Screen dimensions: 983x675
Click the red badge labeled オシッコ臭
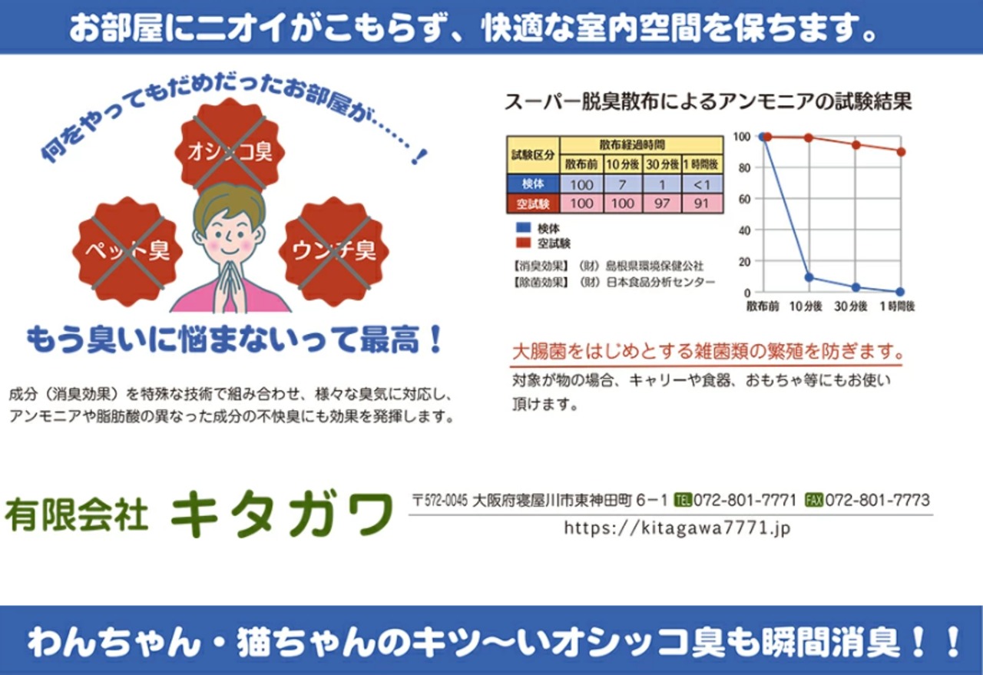point(230,149)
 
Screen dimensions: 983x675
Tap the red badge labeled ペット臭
point(127,251)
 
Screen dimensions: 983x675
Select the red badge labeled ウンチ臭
point(334,251)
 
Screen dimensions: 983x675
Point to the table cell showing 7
point(623,185)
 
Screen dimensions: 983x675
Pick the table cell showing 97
point(662,203)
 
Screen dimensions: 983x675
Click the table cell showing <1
point(702,185)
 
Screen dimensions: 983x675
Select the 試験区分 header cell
point(533,155)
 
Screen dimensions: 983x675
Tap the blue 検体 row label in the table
point(533,184)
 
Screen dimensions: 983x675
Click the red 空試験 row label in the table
point(533,204)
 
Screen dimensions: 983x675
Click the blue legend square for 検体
point(524,228)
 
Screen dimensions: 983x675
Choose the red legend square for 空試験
point(524,243)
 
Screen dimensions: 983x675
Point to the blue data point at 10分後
point(809,277)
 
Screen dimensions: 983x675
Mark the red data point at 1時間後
point(901,152)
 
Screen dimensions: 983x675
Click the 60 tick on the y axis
point(744,199)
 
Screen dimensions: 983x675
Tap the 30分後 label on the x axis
point(850,306)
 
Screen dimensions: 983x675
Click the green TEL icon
point(683,500)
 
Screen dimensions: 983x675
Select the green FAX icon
point(814,500)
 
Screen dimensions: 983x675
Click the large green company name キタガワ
point(282,514)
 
